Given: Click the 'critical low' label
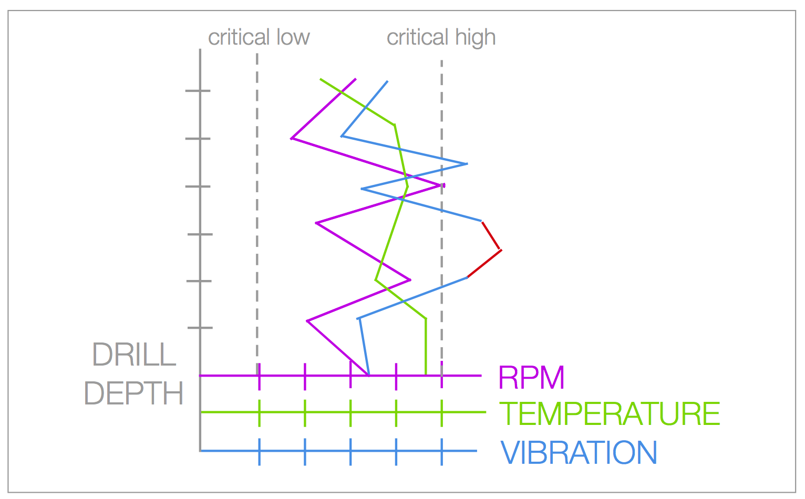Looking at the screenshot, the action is pyautogui.click(x=259, y=38).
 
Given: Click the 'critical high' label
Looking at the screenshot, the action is pyautogui.click(x=441, y=38).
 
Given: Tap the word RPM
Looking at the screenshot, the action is pyautogui.click(x=531, y=377).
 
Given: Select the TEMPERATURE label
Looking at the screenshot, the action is pyautogui.click(x=610, y=414).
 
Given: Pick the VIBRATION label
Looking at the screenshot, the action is pyautogui.click(x=579, y=452).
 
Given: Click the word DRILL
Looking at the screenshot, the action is pyautogui.click(x=134, y=355).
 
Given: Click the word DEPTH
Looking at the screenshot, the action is pyautogui.click(x=134, y=393).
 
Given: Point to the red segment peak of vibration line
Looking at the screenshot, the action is pyautogui.click(x=501, y=250).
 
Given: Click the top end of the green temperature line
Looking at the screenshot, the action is pyautogui.click(x=321, y=79).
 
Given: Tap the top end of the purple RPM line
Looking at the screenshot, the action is pyautogui.click(x=356, y=79).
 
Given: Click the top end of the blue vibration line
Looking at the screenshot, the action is pyautogui.click(x=387, y=81).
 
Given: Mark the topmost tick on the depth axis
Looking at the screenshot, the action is pyautogui.click(x=198, y=91).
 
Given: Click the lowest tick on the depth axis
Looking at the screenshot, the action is pyautogui.click(x=200, y=328).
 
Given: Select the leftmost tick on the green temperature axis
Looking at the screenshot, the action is pyautogui.click(x=259, y=412).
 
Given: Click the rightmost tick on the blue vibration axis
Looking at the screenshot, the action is pyautogui.click(x=441, y=451).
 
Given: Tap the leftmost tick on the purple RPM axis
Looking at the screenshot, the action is pyautogui.click(x=259, y=376).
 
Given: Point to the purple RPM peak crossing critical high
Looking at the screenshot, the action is pyautogui.click(x=443, y=185).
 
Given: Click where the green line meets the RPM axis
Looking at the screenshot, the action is pyautogui.click(x=426, y=375).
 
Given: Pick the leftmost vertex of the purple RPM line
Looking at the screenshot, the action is pyautogui.click(x=292, y=139).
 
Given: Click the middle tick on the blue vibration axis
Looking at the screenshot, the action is pyautogui.click(x=350, y=451).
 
